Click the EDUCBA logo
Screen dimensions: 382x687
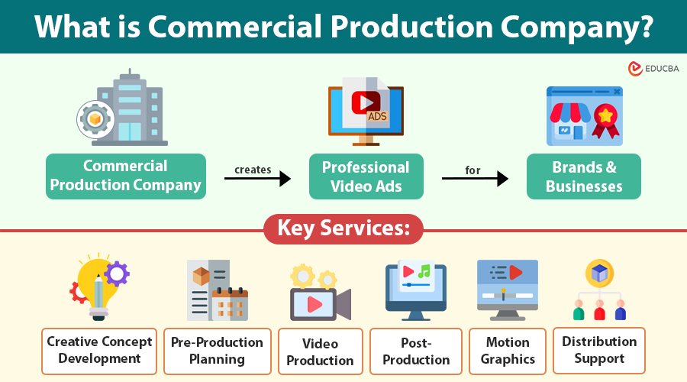(653, 69)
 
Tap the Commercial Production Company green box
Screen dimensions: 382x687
(126, 176)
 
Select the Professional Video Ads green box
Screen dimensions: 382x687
(366, 176)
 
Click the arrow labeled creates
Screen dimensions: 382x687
(257, 179)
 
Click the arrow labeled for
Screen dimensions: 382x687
(475, 179)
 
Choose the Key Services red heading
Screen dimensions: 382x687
(343, 228)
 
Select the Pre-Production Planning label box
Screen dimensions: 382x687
(217, 351)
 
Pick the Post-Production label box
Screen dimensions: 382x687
(416, 351)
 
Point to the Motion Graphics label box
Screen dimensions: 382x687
(507, 351)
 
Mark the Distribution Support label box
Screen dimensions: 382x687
(599, 351)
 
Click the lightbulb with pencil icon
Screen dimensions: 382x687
(99, 286)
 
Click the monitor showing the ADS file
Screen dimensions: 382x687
(366, 111)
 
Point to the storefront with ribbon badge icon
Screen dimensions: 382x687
(584, 115)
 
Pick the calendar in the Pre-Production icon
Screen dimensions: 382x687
(230, 304)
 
